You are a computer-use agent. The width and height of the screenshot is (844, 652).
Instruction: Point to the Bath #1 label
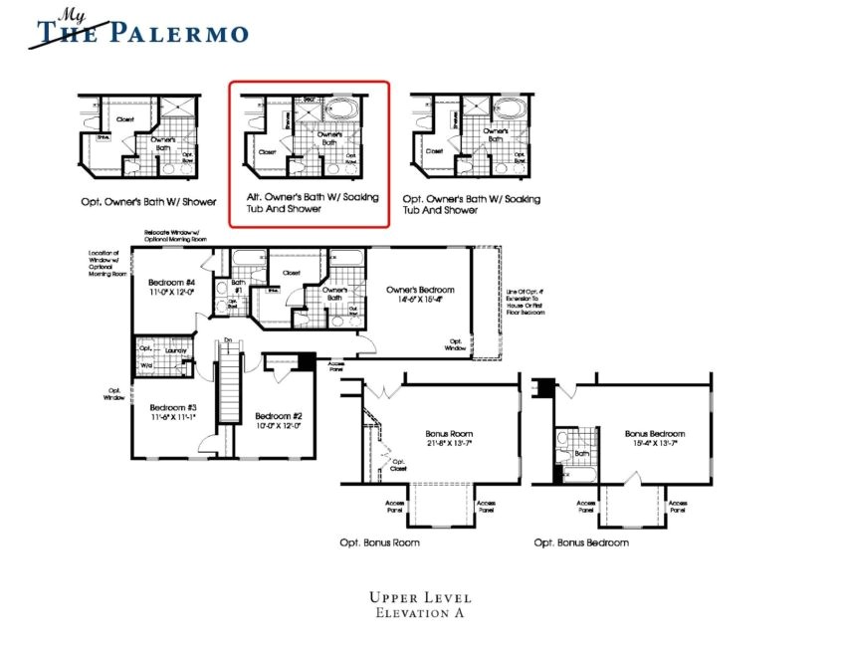[x=239, y=287]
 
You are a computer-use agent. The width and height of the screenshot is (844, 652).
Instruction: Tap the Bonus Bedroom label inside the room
[x=654, y=434]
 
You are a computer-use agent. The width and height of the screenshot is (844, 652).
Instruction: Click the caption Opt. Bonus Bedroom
[x=581, y=543]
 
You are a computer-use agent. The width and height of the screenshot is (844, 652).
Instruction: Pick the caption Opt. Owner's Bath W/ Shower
[x=148, y=201]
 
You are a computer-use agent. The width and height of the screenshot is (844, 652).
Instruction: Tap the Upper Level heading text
[x=421, y=597]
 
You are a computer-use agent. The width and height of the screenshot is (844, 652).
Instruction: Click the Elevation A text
[x=421, y=614]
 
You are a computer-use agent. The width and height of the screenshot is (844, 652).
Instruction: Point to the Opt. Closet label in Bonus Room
[x=398, y=466]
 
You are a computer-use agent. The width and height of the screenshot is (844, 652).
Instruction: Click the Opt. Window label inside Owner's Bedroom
[x=456, y=344]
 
